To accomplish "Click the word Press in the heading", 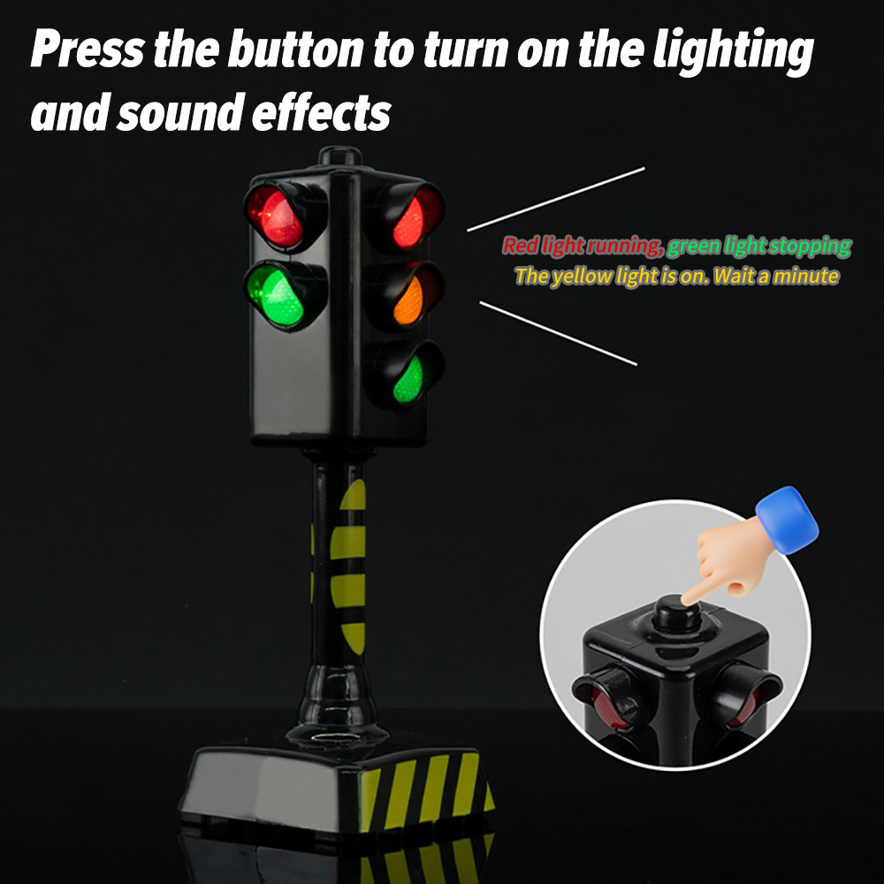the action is point(88,49).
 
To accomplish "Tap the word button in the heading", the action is point(295,49).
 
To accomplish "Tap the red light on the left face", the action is point(276,217).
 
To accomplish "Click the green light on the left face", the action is point(277,296).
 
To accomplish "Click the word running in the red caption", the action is point(624,247).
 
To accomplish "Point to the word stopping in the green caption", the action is point(810,247).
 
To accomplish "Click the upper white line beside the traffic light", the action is point(556,199).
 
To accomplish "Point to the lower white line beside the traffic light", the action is point(559,333).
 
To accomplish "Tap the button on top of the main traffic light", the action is point(340,155).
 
